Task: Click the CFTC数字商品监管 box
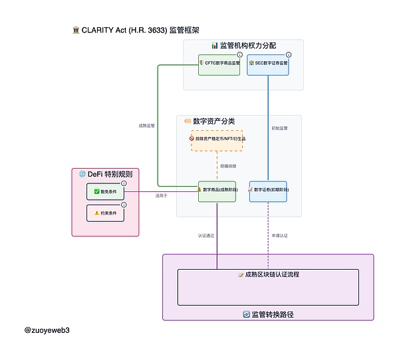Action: click(x=218, y=64)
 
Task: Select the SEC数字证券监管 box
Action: click(x=268, y=64)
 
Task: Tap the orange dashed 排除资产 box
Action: click(x=217, y=139)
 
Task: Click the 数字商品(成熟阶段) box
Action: click(x=217, y=191)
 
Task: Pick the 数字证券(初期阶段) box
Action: click(x=268, y=191)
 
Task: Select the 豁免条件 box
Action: click(x=105, y=191)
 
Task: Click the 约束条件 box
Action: click(x=105, y=213)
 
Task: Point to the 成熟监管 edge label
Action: click(x=146, y=126)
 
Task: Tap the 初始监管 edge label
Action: click(x=280, y=128)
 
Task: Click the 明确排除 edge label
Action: click(x=229, y=165)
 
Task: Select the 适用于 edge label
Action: click(x=162, y=196)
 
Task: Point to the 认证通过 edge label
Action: click(x=205, y=235)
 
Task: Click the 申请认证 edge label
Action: click(x=280, y=235)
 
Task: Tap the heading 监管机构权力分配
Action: click(x=243, y=46)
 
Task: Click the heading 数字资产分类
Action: click(x=213, y=122)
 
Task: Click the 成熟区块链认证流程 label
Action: click(x=269, y=274)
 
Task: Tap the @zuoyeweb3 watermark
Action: click(x=47, y=329)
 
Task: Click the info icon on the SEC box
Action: click(x=288, y=54)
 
